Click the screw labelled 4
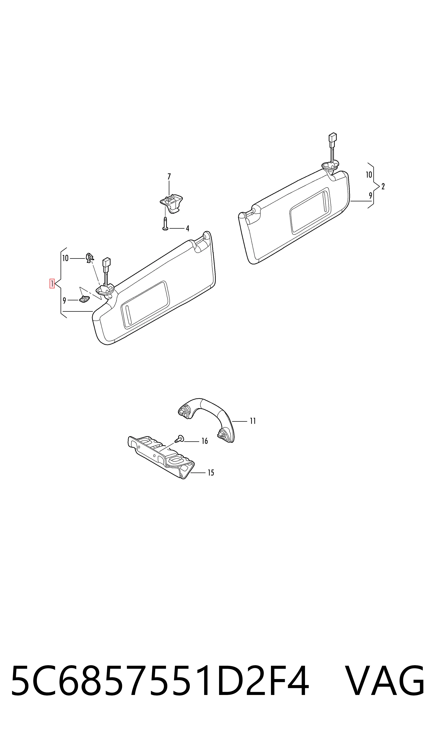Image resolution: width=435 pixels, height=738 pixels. (165, 224)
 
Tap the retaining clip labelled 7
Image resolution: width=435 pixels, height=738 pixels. (171, 203)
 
